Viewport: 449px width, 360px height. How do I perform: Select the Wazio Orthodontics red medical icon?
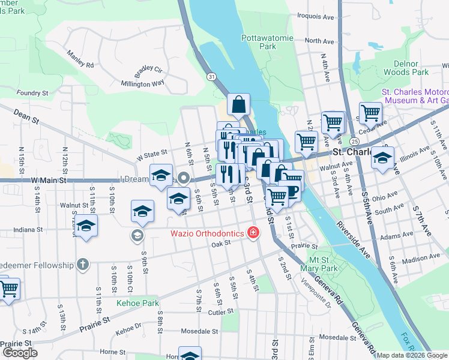253,233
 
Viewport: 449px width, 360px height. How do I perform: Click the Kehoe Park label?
137,303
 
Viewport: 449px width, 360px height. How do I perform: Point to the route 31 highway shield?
211,77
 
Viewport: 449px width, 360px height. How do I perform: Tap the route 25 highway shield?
355,141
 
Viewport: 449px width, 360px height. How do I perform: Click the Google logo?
20,353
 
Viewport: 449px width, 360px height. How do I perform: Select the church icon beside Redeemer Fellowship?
83,265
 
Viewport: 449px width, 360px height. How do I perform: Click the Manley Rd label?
80,59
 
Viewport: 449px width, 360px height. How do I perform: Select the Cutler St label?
220,312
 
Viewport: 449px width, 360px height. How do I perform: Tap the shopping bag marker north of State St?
238,105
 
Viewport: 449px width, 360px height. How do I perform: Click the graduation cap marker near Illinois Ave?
382,158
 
